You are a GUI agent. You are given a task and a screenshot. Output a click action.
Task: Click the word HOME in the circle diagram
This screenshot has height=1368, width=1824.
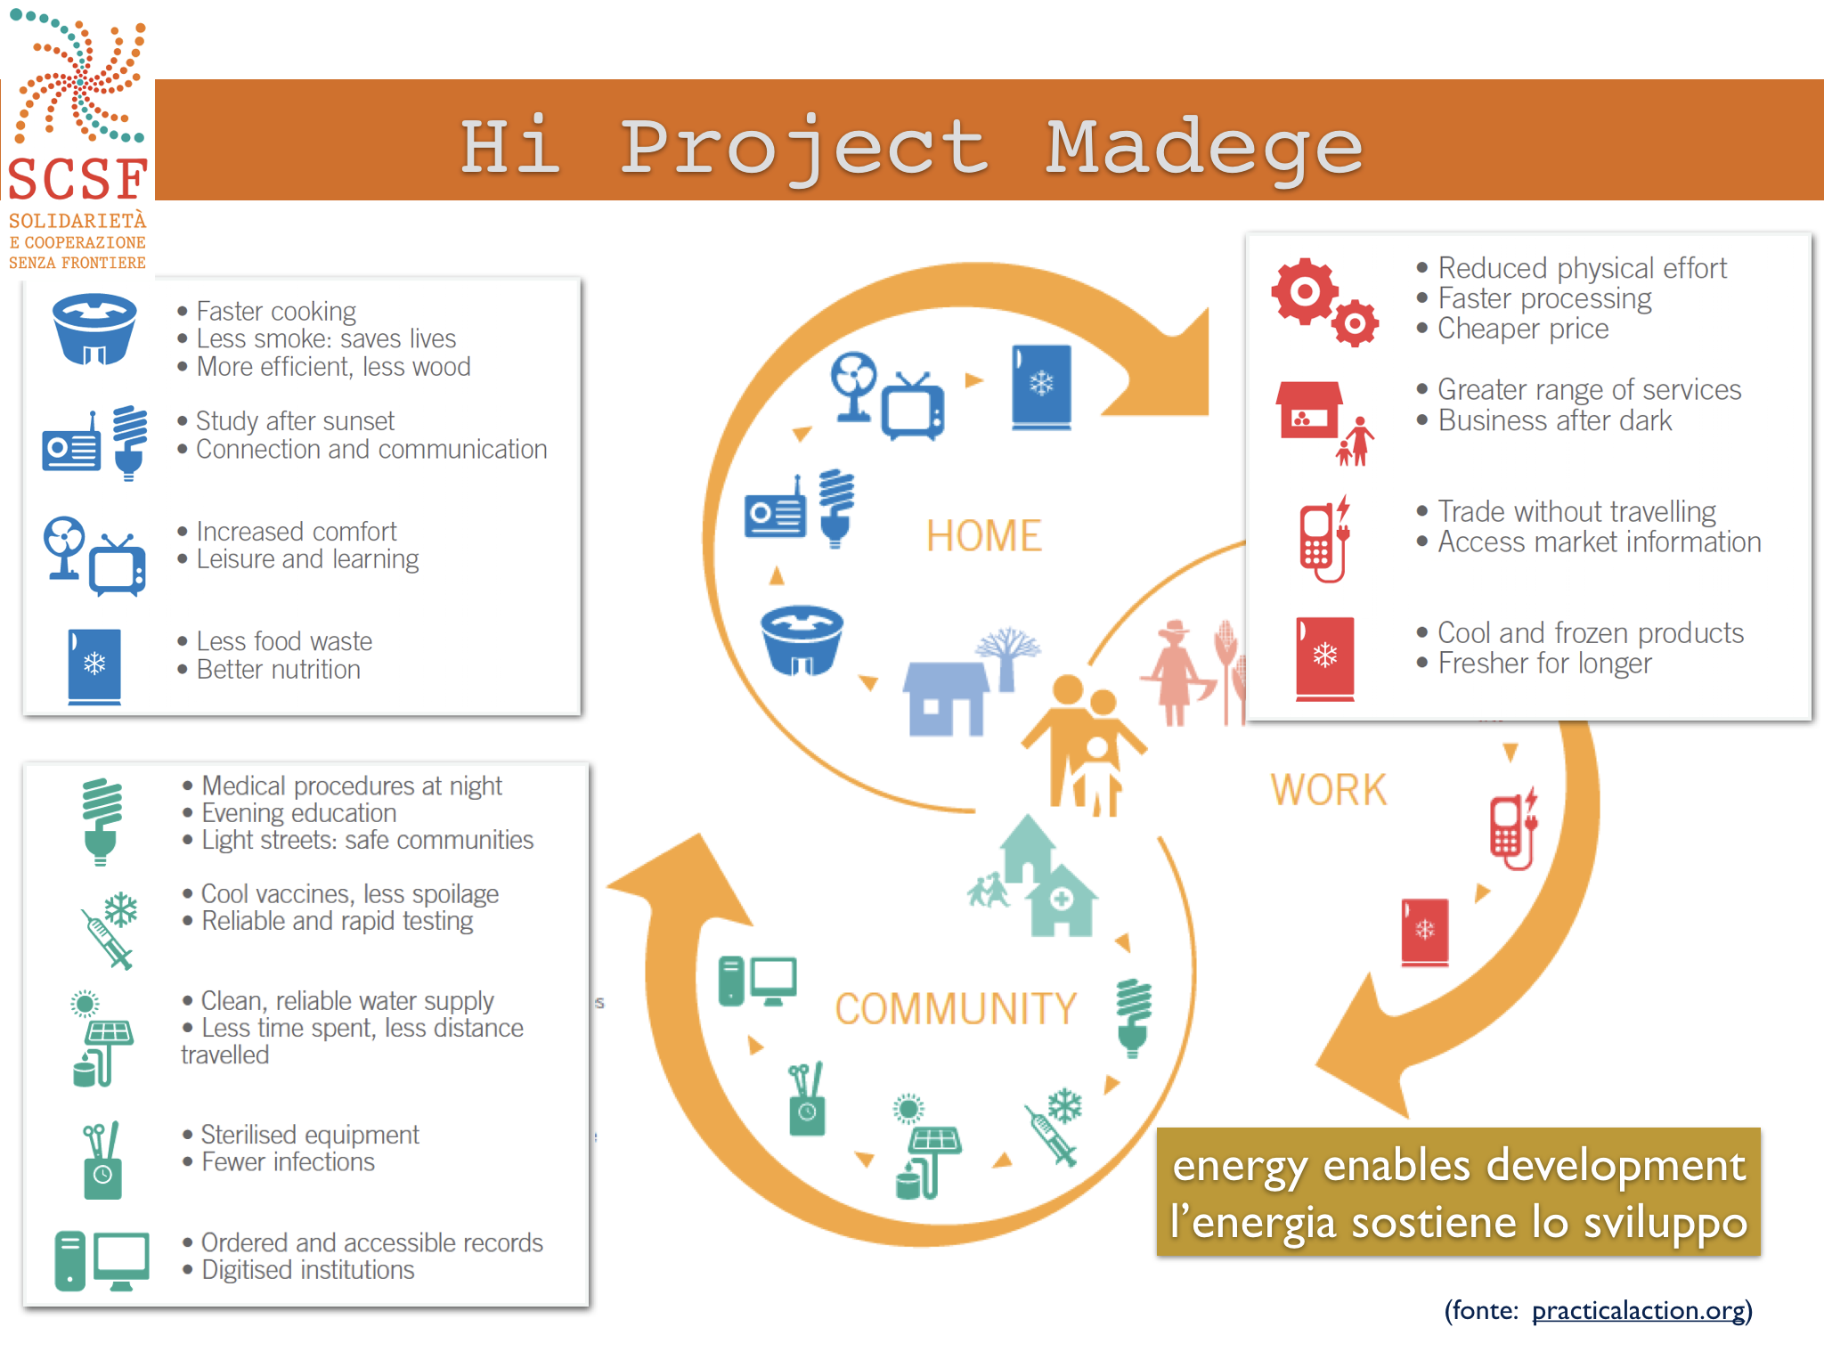click(983, 536)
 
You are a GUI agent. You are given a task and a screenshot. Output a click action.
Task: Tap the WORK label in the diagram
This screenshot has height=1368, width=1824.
click(1329, 790)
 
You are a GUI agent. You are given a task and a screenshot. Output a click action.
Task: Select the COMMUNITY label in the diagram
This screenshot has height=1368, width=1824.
click(956, 1009)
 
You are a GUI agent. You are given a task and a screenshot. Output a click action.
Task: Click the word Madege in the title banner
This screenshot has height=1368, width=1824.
click(1204, 148)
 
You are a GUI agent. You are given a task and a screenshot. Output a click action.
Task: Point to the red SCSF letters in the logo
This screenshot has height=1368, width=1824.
click(77, 179)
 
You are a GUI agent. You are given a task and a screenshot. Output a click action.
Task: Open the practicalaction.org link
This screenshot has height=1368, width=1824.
click(1639, 1310)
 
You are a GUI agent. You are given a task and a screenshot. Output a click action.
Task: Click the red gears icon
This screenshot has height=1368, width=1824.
click(1325, 302)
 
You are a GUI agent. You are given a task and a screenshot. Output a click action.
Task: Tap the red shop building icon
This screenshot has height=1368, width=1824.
click(1309, 411)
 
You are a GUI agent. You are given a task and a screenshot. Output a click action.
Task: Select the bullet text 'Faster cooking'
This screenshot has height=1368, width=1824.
click(276, 311)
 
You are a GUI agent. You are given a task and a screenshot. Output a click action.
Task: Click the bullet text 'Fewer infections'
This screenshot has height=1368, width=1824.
click(288, 1161)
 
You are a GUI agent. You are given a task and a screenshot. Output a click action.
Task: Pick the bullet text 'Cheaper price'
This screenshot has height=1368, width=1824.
click(1523, 329)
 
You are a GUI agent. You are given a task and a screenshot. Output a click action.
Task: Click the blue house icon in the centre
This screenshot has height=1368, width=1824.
click(946, 698)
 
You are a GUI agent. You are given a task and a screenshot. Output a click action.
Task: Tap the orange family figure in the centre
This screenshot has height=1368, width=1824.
click(1083, 745)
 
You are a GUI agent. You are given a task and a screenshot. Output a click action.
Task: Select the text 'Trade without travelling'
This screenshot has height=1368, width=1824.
click(1576, 511)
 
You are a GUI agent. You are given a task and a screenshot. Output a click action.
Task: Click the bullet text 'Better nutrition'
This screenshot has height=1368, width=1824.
click(278, 669)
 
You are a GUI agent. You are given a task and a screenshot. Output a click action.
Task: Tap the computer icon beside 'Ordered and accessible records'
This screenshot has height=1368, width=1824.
click(102, 1260)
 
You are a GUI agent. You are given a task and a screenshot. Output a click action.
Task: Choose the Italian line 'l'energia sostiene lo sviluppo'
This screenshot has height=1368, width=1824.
click(1459, 1222)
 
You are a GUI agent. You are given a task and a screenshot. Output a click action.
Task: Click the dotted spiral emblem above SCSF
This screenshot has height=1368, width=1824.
click(78, 78)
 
